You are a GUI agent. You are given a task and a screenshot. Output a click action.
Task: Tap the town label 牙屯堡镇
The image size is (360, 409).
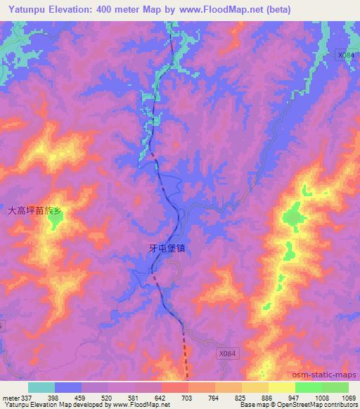point(167,247)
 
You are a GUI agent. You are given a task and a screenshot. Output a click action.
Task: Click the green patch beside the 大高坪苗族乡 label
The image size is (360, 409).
point(54,222)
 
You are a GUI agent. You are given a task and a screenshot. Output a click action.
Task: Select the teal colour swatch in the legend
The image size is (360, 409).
point(41,387)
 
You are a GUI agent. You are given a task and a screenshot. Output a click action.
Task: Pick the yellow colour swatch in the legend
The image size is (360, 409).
point(281,387)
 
